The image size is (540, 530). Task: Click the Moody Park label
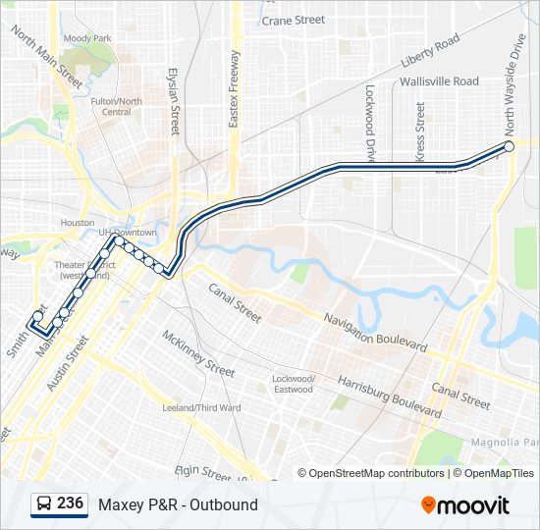tap(87, 38)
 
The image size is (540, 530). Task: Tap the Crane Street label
tap(293, 20)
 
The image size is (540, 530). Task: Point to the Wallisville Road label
tap(440, 81)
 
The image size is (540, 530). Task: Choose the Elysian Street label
tap(174, 101)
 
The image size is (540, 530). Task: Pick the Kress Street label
tap(420, 132)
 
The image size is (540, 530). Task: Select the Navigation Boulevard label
tap(377, 329)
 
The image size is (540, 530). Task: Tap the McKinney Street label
tap(198, 353)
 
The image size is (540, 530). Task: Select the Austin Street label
tap(67, 363)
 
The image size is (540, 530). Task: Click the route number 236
tap(70, 503)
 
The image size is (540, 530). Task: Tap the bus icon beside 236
tap(43, 504)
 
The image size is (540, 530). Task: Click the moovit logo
tap(465, 505)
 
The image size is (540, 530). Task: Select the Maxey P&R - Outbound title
tap(178, 504)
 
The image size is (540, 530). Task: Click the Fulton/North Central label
tap(116, 106)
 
